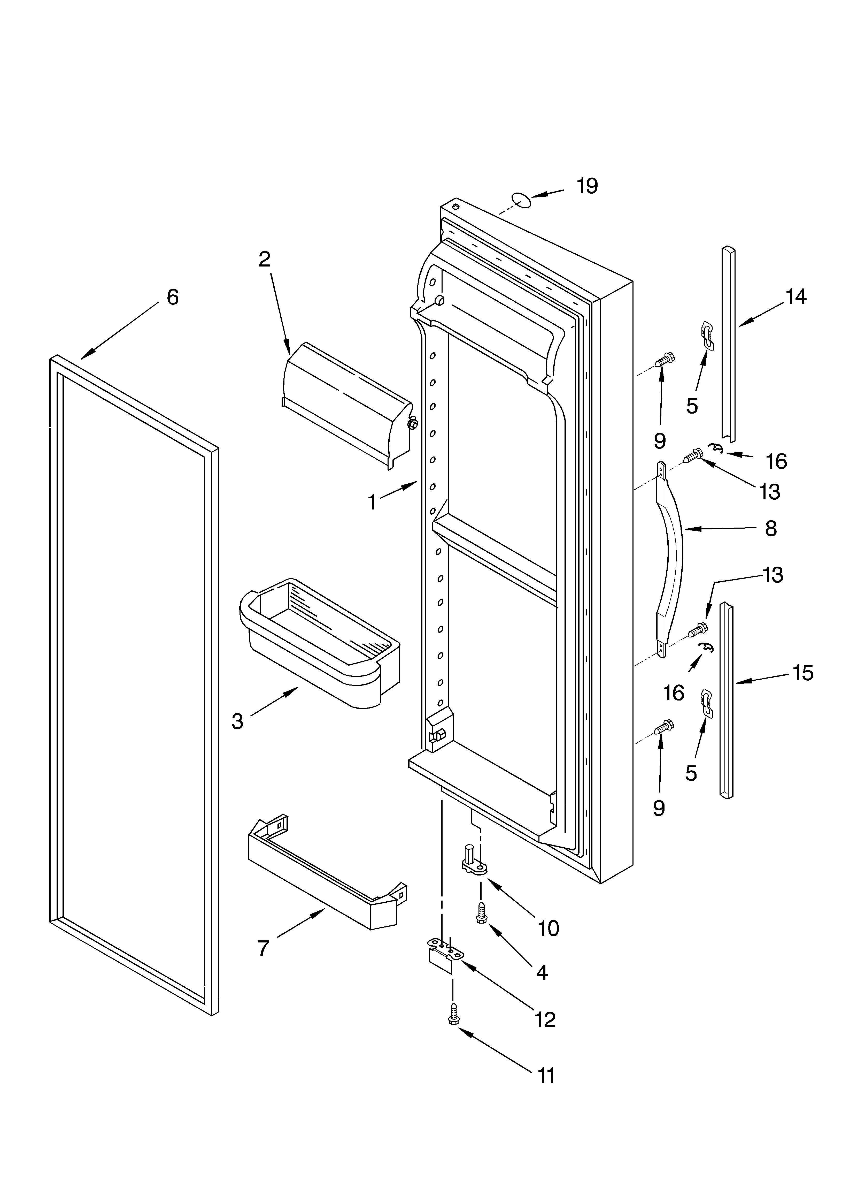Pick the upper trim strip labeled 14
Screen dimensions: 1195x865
[729, 342]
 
